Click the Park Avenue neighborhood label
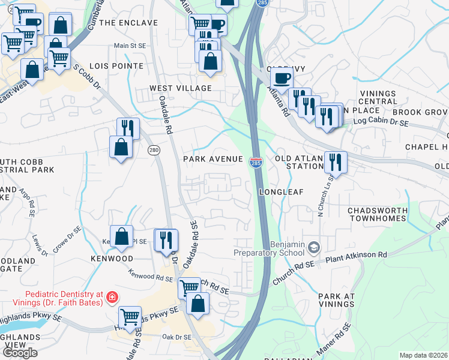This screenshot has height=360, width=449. tap(213, 159)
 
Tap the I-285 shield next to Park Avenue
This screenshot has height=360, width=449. tap(256, 162)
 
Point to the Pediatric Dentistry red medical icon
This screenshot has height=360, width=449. tap(110, 297)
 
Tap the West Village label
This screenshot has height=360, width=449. tap(181, 88)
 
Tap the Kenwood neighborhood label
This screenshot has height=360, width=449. tap(112, 258)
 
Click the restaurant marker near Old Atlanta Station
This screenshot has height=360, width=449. tap(335, 161)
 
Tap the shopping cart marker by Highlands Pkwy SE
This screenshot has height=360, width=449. tap(130, 316)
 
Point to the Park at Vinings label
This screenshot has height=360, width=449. tap(337, 301)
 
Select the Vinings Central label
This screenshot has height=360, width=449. tap(378, 98)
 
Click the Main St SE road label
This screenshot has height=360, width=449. tap(130, 46)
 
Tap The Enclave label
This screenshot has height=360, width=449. tap(128, 23)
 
